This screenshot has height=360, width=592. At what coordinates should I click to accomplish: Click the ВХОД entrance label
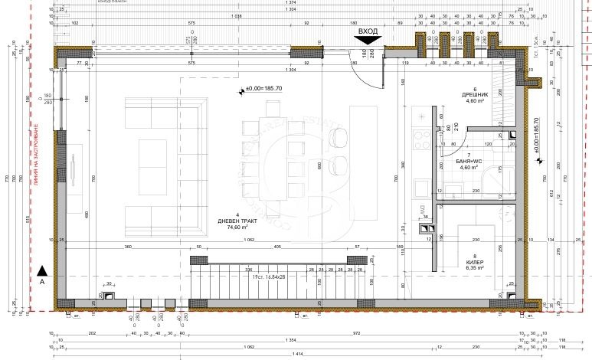368,31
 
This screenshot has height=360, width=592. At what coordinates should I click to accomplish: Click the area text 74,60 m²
238,227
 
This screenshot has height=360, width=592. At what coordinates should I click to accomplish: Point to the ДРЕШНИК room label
475,96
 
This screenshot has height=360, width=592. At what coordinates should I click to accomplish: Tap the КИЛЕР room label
474,263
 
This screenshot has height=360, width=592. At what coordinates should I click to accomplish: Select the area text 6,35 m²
474,270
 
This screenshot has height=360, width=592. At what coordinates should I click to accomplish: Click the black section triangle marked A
43,269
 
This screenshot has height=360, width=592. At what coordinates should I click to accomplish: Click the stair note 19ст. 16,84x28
266,277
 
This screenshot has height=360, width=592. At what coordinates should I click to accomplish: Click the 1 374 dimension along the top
290,5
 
